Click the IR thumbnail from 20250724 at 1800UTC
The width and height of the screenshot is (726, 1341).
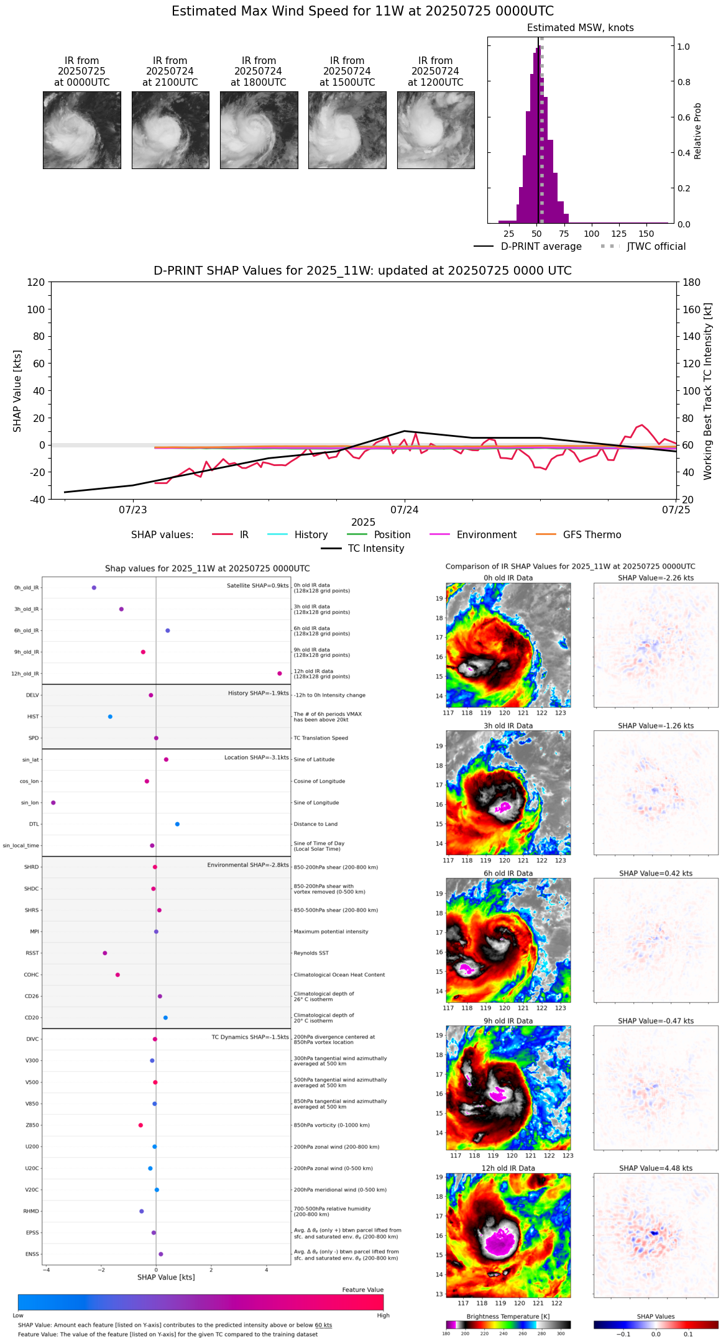(x=259, y=130)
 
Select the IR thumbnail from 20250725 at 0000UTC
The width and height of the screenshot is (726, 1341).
(x=81, y=130)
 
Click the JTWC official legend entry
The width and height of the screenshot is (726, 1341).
(x=643, y=247)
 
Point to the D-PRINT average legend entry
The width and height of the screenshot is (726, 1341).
(x=528, y=247)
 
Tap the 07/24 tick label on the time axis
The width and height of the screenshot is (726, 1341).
(x=404, y=510)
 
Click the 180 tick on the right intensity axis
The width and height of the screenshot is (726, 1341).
(x=692, y=283)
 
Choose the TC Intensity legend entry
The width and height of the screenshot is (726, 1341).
(x=363, y=549)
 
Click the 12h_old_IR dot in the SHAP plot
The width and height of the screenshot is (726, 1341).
(x=280, y=674)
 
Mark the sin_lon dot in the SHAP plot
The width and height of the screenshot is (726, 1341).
(x=53, y=803)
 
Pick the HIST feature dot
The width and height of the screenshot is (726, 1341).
(x=110, y=716)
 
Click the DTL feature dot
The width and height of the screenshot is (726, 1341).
(x=177, y=824)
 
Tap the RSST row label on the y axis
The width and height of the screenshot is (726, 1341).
(x=32, y=953)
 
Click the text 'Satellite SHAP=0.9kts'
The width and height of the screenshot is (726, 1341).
(x=257, y=585)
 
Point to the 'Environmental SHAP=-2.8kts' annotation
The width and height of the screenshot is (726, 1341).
(x=248, y=865)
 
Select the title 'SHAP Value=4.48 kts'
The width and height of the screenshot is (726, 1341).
(x=656, y=1168)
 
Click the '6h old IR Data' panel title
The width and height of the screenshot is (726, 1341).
(x=508, y=873)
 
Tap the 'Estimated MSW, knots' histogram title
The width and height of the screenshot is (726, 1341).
(x=581, y=28)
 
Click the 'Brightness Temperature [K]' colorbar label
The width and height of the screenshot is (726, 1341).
(x=508, y=1317)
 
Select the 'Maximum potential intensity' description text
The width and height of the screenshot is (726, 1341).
(x=331, y=931)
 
